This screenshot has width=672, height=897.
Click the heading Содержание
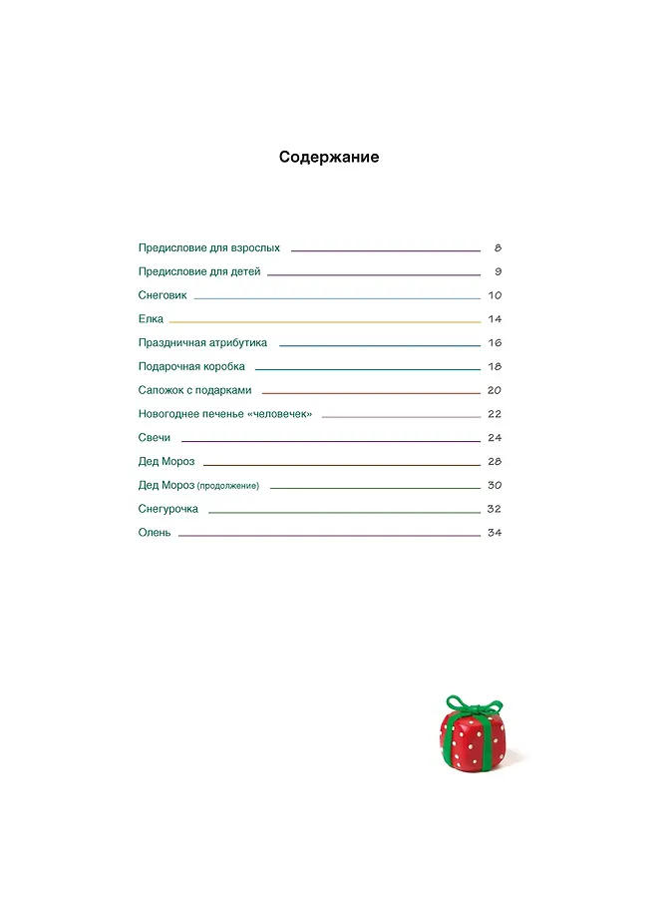tap(329, 158)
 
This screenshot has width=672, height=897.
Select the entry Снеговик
tap(163, 296)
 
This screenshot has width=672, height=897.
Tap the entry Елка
tap(151, 319)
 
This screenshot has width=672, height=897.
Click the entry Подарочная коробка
tap(191, 367)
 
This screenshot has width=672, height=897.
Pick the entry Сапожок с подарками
tap(195, 390)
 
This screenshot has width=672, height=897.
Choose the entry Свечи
tap(155, 438)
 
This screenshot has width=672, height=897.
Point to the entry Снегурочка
tap(168, 509)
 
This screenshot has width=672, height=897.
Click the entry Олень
tap(155, 533)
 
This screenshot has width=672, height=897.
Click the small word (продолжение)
tap(228, 486)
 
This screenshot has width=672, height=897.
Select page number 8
tap(497, 247)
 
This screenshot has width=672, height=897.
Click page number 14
tap(494, 319)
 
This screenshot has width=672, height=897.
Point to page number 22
tap(494, 414)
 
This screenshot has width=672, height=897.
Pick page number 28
tap(494, 462)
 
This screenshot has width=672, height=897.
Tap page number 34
tap(494, 533)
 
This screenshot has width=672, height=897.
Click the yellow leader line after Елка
tap(324, 322)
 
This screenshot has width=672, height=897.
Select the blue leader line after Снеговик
tap(337, 298)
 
